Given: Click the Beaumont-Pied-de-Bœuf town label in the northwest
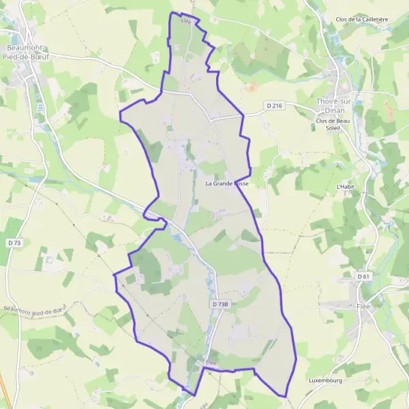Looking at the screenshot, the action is [x=33, y=52].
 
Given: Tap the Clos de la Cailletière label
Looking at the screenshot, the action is [x=362, y=19].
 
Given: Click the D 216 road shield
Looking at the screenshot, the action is [x=274, y=105].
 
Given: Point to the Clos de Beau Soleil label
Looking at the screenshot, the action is [x=333, y=125].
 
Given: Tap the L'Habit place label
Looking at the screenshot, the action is [x=347, y=186].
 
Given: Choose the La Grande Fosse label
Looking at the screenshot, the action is [x=227, y=184].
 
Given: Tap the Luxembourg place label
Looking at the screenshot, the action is [x=324, y=380].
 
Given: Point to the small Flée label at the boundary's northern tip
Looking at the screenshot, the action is [x=185, y=21].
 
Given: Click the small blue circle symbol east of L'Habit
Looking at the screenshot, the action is [x=384, y=164].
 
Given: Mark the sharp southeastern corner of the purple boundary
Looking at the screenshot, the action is [x=284, y=395].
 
